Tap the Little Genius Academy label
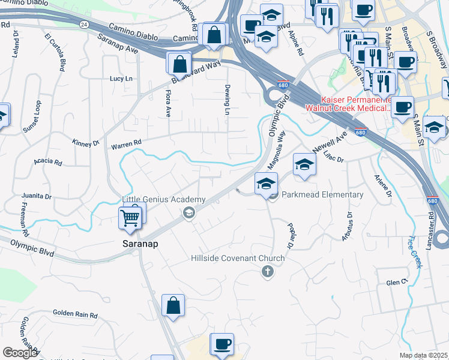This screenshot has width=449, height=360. click(164, 200)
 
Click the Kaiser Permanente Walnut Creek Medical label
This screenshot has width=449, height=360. click(348, 104)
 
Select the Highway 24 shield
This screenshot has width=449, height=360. click(83, 25)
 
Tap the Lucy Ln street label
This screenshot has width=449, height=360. click(121, 79)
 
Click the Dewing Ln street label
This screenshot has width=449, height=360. click(228, 99)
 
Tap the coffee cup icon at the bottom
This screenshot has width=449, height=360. click(221, 344)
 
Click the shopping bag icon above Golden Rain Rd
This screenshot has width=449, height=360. click(173, 305)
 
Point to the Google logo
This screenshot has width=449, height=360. click(20, 353)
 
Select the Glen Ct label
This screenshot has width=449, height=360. click(397, 282)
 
